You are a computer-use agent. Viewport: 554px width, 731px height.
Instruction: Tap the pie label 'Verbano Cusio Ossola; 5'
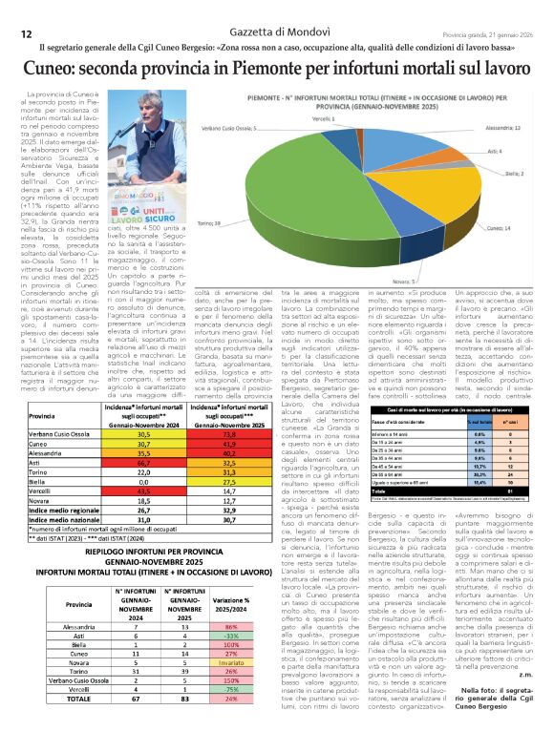(x=205, y=127)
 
